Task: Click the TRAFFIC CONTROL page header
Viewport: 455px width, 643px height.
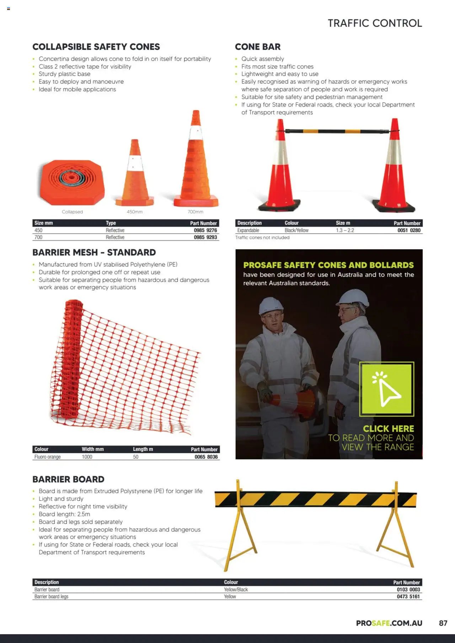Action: (375, 23)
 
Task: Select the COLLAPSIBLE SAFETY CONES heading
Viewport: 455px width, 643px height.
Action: (96, 47)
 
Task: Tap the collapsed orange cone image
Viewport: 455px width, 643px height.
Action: (72, 182)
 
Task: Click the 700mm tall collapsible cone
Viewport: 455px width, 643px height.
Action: (196, 163)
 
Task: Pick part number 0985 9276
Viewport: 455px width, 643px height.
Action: (205, 230)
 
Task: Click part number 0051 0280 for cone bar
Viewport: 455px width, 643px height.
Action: (409, 230)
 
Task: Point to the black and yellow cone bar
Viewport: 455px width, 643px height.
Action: (337, 131)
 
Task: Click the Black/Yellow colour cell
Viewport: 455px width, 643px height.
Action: (296, 230)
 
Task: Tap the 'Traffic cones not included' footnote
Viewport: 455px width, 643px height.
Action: (262, 238)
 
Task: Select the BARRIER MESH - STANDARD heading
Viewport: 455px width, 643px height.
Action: (94, 252)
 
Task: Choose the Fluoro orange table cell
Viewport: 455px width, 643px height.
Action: (47, 457)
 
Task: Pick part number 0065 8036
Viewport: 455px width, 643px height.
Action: (206, 457)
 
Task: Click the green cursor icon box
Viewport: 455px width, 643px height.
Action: (386, 389)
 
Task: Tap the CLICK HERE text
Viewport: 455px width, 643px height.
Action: (388, 429)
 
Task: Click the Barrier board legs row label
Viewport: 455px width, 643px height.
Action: (51, 597)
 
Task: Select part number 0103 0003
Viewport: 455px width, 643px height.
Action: (408, 590)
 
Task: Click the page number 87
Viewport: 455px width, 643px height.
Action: (443, 623)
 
